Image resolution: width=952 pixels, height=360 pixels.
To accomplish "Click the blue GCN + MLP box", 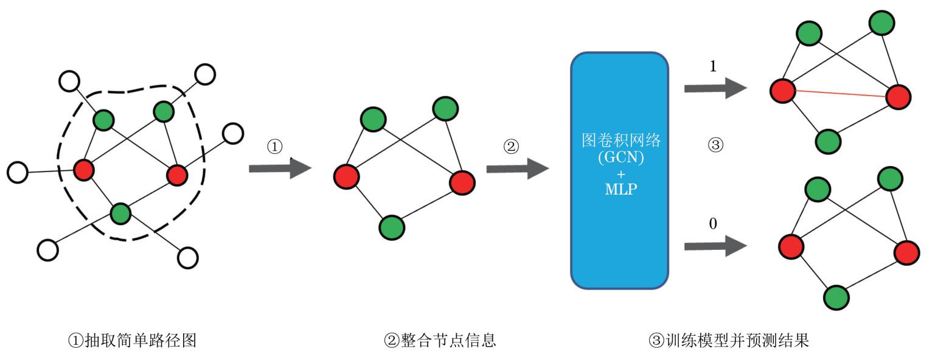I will coord(619,243).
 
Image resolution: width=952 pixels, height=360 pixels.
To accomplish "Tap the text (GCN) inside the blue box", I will coord(620,157).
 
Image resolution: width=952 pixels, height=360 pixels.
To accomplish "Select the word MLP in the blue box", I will coord(620,189).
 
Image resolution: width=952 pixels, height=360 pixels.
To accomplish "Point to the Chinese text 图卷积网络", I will coord(620,141).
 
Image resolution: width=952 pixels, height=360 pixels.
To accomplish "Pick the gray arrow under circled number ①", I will coord(279,168).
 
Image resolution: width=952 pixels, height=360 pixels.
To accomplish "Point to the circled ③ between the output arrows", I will coord(715,145).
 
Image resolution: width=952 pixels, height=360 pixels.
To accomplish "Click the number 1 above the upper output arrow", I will coord(713,66).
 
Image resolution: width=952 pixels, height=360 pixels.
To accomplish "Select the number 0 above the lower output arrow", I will coord(713,224).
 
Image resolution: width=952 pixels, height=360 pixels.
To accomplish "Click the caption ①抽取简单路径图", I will coord(132,340).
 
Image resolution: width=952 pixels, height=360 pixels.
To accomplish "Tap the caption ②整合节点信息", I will coord(440,340).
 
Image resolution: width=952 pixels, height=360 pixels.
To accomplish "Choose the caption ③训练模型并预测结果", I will coord(729,340).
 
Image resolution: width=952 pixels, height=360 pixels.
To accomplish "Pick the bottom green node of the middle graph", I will coord(392,228).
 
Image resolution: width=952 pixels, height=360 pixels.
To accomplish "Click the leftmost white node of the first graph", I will coord(18,172).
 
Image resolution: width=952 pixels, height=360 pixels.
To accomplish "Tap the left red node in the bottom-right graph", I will coord(791,247).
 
